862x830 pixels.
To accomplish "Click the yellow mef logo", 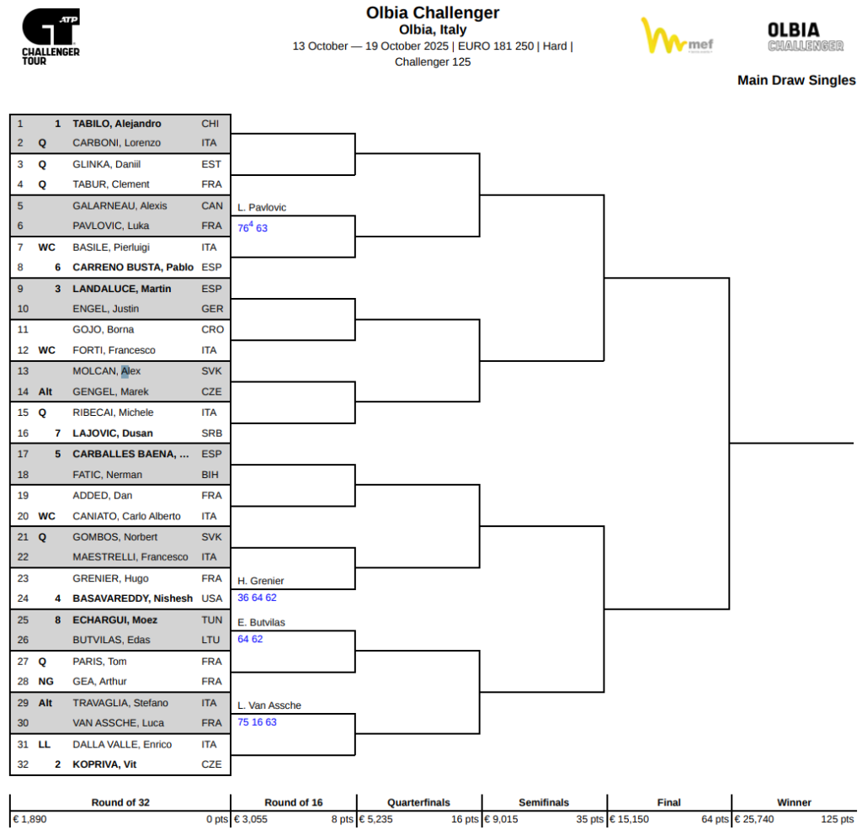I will tap(676, 37).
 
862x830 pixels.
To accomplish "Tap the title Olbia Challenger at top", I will tap(432, 13).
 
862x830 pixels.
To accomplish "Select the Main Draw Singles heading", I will tap(795, 81).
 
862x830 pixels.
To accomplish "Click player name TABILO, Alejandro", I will tap(116, 124).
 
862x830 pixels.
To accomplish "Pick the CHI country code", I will tap(210, 124).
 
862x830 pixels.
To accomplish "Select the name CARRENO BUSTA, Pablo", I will tap(133, 268).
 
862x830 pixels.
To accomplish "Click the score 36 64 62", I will tap(257, 598).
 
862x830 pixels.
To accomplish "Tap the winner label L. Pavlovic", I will tap(262, 207).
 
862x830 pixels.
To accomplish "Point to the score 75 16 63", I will tap(257, 722).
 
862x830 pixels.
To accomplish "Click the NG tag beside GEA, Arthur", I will tap(46, 682).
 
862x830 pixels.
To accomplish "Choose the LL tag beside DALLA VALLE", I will tap(45, 744).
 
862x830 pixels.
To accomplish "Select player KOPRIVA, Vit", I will tap(104, 764).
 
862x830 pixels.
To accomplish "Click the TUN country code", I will tap(211, 620).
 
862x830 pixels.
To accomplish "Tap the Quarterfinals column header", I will tap(418, 802).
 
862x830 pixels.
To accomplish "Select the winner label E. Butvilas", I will tap(261, 622).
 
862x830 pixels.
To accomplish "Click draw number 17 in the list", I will tap(21, 454).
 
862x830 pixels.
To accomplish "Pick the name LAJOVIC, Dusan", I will tap(113, 434).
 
